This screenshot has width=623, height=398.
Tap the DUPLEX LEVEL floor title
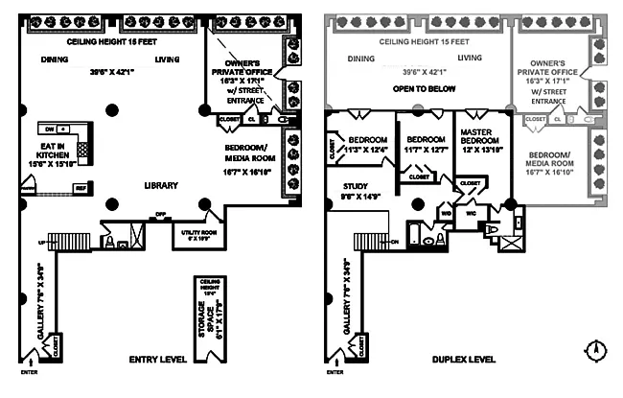[464, 360]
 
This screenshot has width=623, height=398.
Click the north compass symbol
[597, 350]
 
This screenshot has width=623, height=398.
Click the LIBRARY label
[161, 185]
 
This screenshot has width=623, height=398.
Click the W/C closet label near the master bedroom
[471, 213]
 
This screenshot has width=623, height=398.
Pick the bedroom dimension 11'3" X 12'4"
[366, 149]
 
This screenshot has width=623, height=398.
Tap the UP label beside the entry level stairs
[40, 242]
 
